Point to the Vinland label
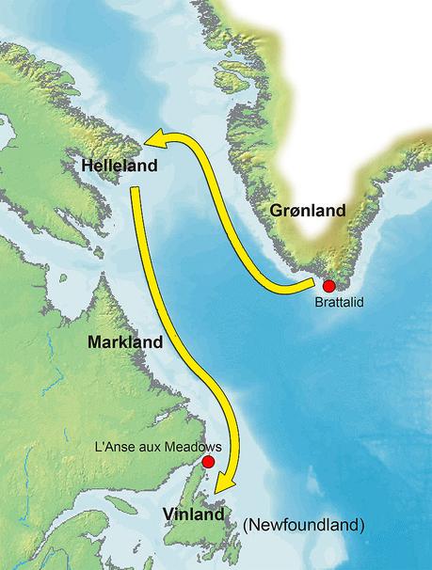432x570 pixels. (x=194, y=515)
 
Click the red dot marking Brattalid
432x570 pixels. (x=328, y=286)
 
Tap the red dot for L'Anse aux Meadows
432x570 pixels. (x=207, y=462)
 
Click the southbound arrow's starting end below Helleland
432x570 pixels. (x=136, y=191)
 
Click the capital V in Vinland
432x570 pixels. (x=168, y=515)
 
